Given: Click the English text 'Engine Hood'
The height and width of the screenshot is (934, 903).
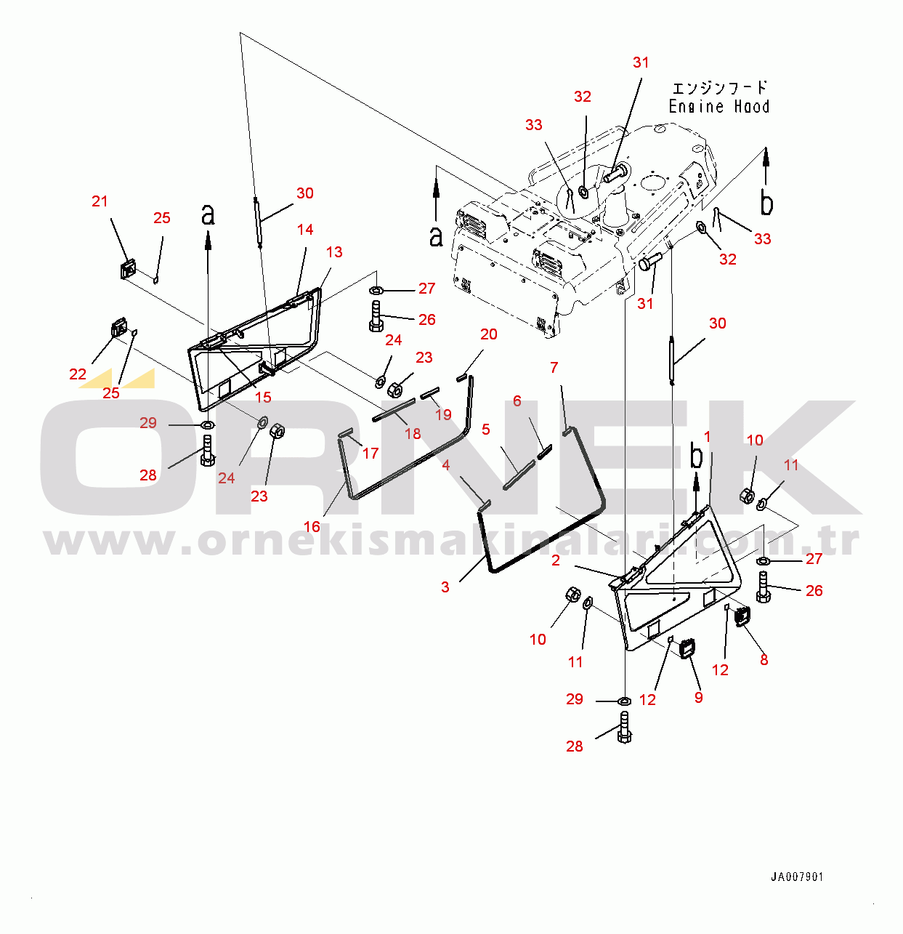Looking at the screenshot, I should coord(718,107).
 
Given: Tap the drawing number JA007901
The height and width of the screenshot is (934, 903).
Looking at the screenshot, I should coord(797,877).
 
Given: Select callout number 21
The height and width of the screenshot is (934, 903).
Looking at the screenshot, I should coord(100,201).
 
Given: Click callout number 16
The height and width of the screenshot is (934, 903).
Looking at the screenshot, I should coord(312,526).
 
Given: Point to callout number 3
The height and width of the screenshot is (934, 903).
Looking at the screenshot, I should coord(445,587).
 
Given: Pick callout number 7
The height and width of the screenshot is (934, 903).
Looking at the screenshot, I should coord(554,367).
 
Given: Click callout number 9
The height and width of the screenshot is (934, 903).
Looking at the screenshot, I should coord(699,697).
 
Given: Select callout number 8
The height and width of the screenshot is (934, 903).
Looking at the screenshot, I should coord(764,659).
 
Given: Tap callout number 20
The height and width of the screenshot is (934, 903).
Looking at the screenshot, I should coord(489,334).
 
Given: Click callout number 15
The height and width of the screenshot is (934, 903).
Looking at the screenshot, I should coord(263,397).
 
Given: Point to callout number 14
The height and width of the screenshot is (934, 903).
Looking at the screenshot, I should coord(305,230).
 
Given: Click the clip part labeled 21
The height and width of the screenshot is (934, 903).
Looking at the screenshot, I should coord(129,269).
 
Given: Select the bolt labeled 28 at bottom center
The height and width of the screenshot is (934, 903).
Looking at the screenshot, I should coord(625,727).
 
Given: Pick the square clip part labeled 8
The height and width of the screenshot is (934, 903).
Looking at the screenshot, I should coord(742,616).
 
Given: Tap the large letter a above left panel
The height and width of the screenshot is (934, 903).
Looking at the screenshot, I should coord(208,214).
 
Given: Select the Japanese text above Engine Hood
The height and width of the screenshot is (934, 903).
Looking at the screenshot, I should coord(719,88).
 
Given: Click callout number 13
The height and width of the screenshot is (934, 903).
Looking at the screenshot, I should coord(334,252).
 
